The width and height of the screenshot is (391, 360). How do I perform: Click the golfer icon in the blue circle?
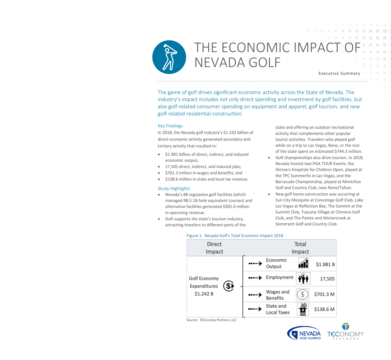pyautogui.click(x=169, y=57)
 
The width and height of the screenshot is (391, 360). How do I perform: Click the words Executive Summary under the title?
pyautogui.click(x=339, y=74)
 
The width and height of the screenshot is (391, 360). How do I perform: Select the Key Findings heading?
pyautogui.click(x=170, y=126)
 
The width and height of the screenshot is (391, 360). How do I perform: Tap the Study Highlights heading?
pyautogui.click(x=174, y=188)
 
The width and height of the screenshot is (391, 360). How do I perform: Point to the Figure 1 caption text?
pyautogui.click(x=235, y=236)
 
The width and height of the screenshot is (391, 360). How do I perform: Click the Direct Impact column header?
pyautogui.click(x=214, y=248)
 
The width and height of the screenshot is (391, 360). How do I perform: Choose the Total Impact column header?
pyautogui.click(x=300, y=248)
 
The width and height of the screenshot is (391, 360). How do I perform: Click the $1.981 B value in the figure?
pyautogui.click(x=325, y=265)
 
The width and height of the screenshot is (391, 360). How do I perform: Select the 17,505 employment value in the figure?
pyautogui.click(x=327, y=279)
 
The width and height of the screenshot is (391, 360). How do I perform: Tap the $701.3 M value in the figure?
pyautogui.click(x=324, y=294)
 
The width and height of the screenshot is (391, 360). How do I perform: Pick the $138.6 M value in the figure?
pyautogui.click(x=324, y=309)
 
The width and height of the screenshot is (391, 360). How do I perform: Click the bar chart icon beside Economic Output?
pyautogui.click(x=303, y=263)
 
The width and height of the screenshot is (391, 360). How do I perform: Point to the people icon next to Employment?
pyautogui.click(x=303, y=279)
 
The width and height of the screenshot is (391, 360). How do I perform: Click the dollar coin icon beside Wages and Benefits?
pyautogui.click(x=302, y=295)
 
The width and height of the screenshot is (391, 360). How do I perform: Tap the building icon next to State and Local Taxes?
pyautogui.click(x=303, y=309)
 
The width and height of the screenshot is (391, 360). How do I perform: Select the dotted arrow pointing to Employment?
pyautogui.click(x=255, y=278)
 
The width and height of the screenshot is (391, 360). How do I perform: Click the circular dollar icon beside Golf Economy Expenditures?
pyautogui.click(x=229, y=286)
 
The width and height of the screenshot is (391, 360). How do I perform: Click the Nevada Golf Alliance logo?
pyautogui.click(x=304, y=333)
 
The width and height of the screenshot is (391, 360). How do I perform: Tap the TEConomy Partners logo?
pyautogui.click(x=345, y=332)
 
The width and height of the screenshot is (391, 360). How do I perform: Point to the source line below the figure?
pyautogui.click(x=211, y=320)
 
